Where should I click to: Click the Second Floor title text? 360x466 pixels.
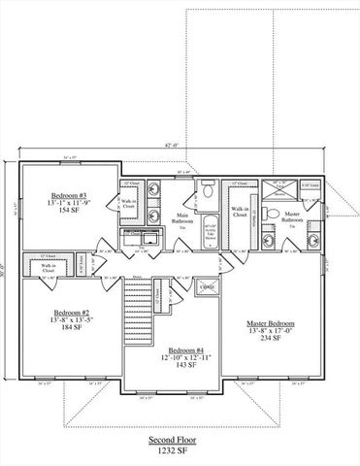[180, 439]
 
